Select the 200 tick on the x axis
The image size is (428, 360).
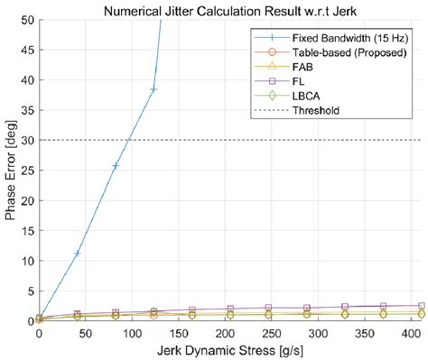pos(186,333)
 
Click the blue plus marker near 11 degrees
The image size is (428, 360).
pos(77,254)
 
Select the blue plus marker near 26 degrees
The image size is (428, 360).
pos(115,166)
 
